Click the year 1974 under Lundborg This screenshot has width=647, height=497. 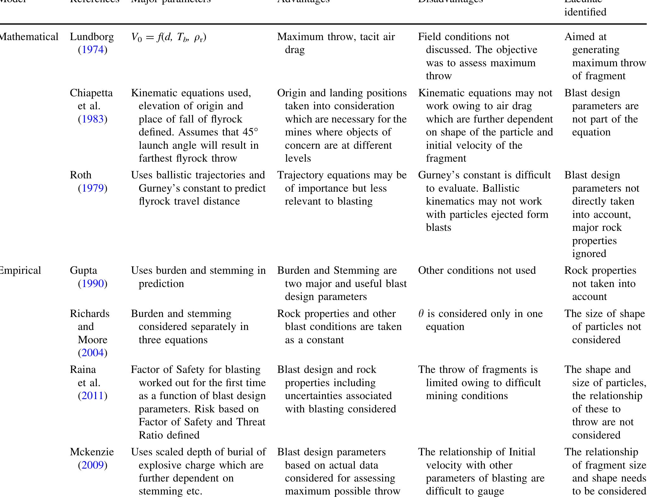coord(93,50)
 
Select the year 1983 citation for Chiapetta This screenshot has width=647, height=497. coord(93,119)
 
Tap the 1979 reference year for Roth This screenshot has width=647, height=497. coord(93,189)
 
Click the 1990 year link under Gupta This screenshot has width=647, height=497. coord(93,284)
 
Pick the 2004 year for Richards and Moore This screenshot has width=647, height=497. coord(93,353)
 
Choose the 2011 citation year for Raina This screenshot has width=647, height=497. coord(93,396)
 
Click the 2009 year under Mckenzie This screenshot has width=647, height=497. coord(93,465)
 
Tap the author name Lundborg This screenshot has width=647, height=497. coord(92,37)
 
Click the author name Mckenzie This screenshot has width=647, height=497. coord(92,452)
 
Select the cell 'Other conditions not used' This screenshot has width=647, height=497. coord(477,271)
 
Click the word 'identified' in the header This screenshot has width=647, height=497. coord(585,12)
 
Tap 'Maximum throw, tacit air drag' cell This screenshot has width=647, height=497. coord(336,43)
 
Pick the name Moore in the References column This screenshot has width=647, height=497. coord(92,340)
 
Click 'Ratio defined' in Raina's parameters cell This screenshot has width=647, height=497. coord(169,435)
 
